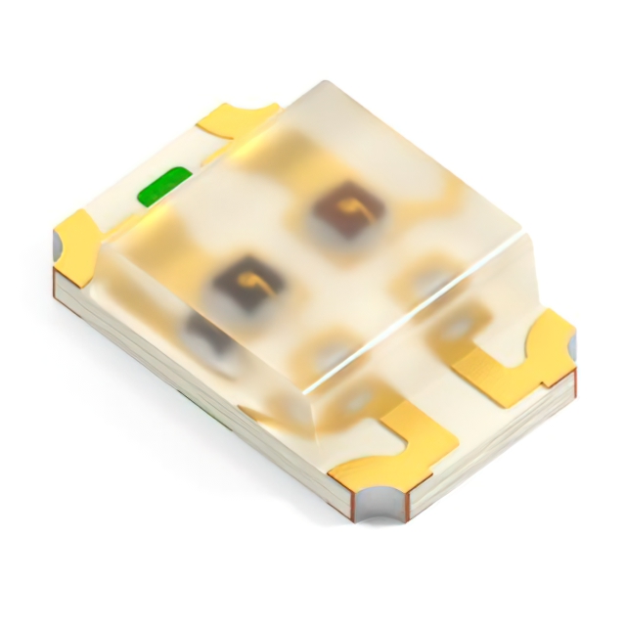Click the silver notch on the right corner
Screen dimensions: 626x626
(570, 344)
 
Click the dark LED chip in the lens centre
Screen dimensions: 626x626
(246, 283)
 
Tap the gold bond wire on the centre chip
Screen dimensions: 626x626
(257, 284)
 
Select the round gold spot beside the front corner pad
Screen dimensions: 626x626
(333, 352)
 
